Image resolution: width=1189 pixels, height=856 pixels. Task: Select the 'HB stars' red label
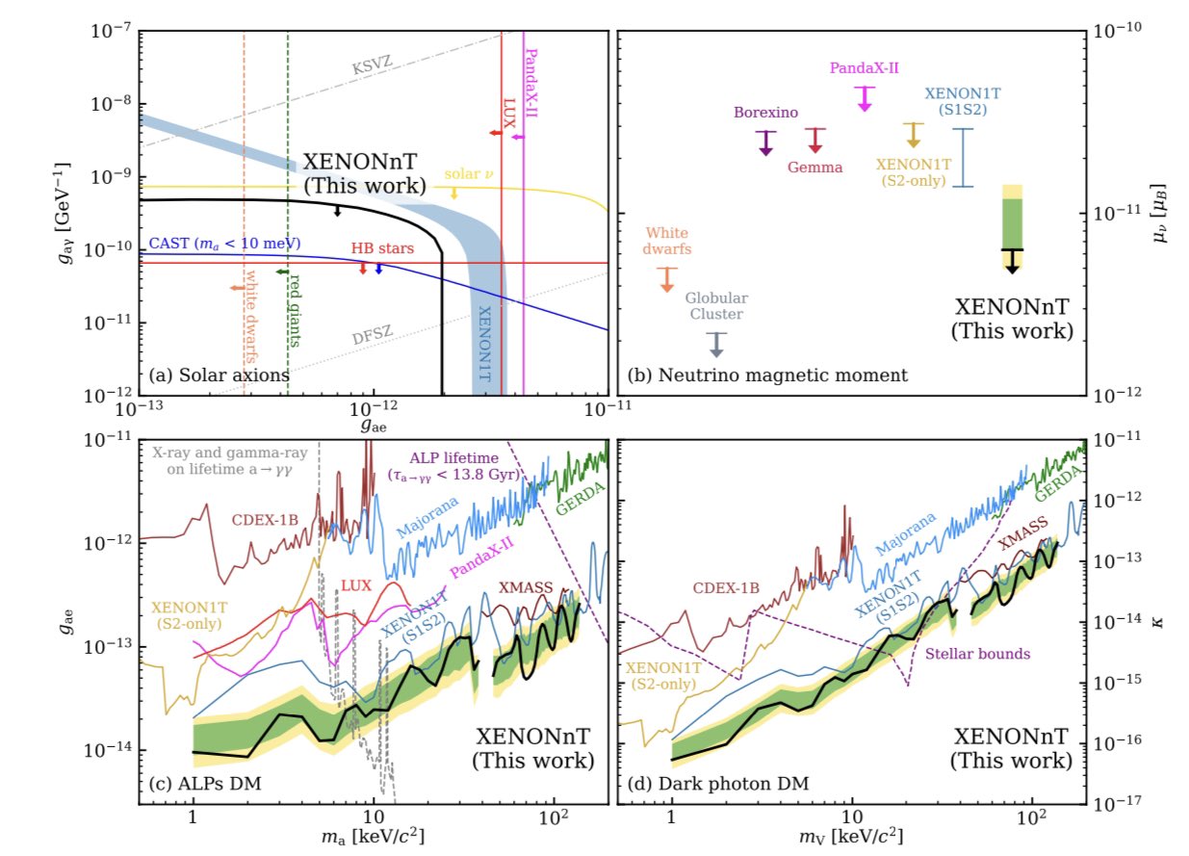point(382,248)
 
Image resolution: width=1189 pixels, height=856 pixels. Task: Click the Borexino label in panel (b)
point(764,113)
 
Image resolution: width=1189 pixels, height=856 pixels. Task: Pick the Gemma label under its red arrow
point(814,167)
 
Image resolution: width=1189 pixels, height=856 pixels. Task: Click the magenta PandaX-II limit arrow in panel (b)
point(865,98)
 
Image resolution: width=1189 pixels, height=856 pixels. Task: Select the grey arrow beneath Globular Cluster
point(715,345)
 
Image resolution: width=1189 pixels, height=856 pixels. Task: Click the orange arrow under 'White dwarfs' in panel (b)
point(666,278)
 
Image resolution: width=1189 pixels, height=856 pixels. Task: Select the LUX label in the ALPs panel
point(358,585)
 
